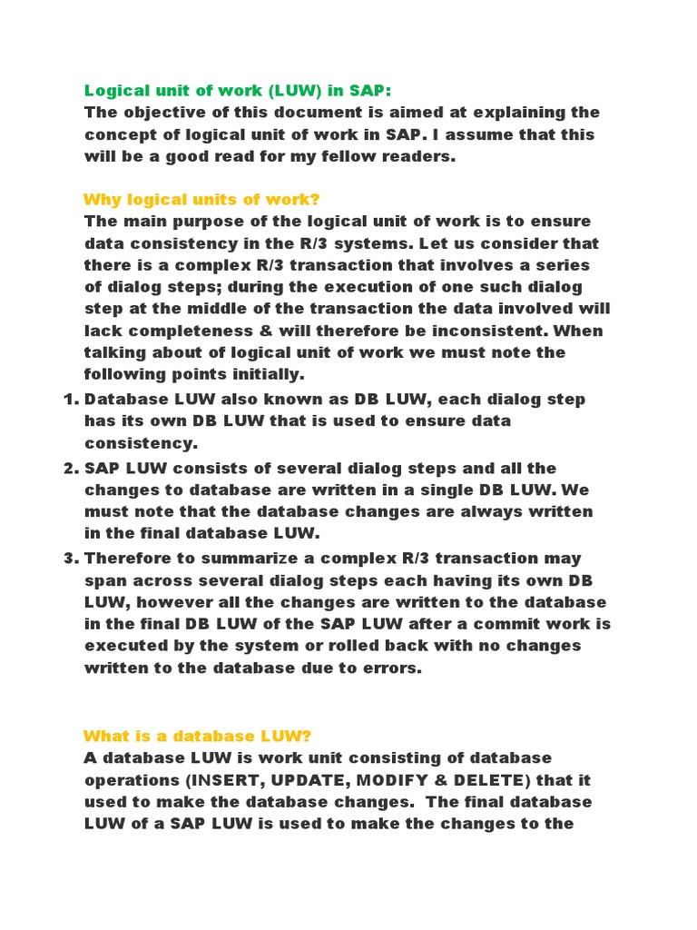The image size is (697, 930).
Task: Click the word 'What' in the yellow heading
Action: pyautogui.click(x=104, y=735)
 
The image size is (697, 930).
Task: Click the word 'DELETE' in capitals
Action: pyautogui.click(x=486, y=780)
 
